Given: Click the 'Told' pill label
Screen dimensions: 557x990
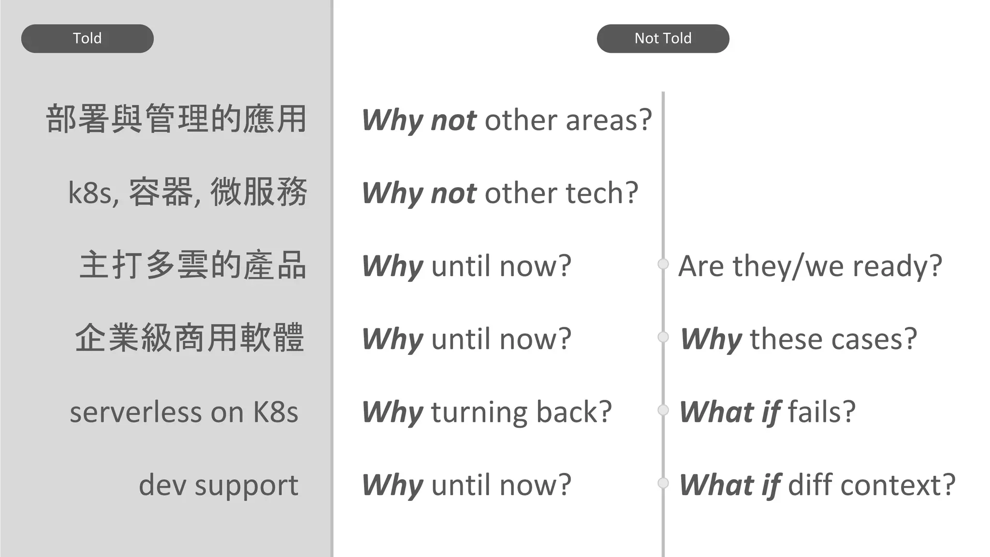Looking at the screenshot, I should coord(87,38).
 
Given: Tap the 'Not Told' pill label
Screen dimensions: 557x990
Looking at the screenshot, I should coord(663,38).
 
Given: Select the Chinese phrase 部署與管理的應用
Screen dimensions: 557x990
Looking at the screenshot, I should coord(176,119).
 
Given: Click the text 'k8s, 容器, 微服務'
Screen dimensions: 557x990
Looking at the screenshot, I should coord(188,192).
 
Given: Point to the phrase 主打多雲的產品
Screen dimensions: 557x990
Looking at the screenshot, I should coord(193,265).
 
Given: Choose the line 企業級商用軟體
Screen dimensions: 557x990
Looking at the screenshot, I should coord(189,338).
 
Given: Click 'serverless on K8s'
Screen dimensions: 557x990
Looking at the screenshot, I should coord(184,412).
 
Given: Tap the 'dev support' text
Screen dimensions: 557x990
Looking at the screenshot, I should coord(218,485).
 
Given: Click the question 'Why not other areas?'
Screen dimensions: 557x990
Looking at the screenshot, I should coord(507,120).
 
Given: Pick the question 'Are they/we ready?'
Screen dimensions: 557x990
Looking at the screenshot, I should coord(810,266).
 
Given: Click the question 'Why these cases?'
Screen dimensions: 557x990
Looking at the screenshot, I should coord(799,339).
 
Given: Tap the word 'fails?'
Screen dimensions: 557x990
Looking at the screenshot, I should coord(822,412).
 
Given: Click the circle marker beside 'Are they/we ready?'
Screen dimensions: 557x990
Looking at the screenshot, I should coord(663,264).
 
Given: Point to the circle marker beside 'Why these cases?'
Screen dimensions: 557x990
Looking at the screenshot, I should coord(663,337).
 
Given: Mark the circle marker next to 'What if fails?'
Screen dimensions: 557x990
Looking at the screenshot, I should coord(663,410).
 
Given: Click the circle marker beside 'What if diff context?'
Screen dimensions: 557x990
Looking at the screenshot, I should coord(663,483).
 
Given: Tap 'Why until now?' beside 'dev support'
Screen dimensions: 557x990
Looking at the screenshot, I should coord(466,485).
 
